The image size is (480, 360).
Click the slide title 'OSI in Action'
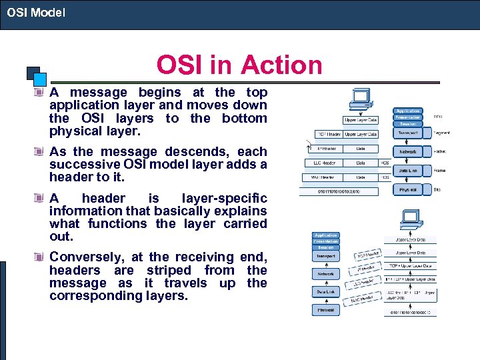[x=239, y=65]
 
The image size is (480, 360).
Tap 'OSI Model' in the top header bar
[x=37, y=12]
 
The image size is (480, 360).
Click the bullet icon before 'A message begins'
[x=40, y=93]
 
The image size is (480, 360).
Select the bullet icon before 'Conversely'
[x=40, y=257]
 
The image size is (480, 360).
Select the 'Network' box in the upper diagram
[x=407, y=152]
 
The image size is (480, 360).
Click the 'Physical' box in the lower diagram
[x=326, y=310]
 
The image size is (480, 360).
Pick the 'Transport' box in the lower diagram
[x=326, y=256]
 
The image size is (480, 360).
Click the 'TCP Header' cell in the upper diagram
[x=329, y=135]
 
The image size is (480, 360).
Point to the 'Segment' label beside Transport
[x=442, y=133]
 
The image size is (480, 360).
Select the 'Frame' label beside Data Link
[x=440, y=171]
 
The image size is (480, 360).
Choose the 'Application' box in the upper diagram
[x=407, y=111]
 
